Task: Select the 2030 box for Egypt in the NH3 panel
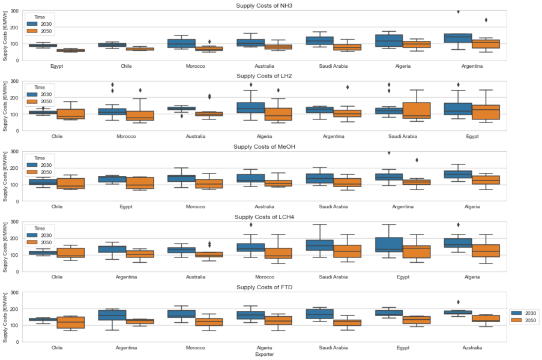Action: click(43, 45)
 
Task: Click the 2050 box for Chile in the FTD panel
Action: click(71, 323)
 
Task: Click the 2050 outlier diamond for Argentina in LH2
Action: click(348, 87)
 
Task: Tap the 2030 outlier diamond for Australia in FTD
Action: click(459, 302)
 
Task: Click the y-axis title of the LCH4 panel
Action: click(6, 246)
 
